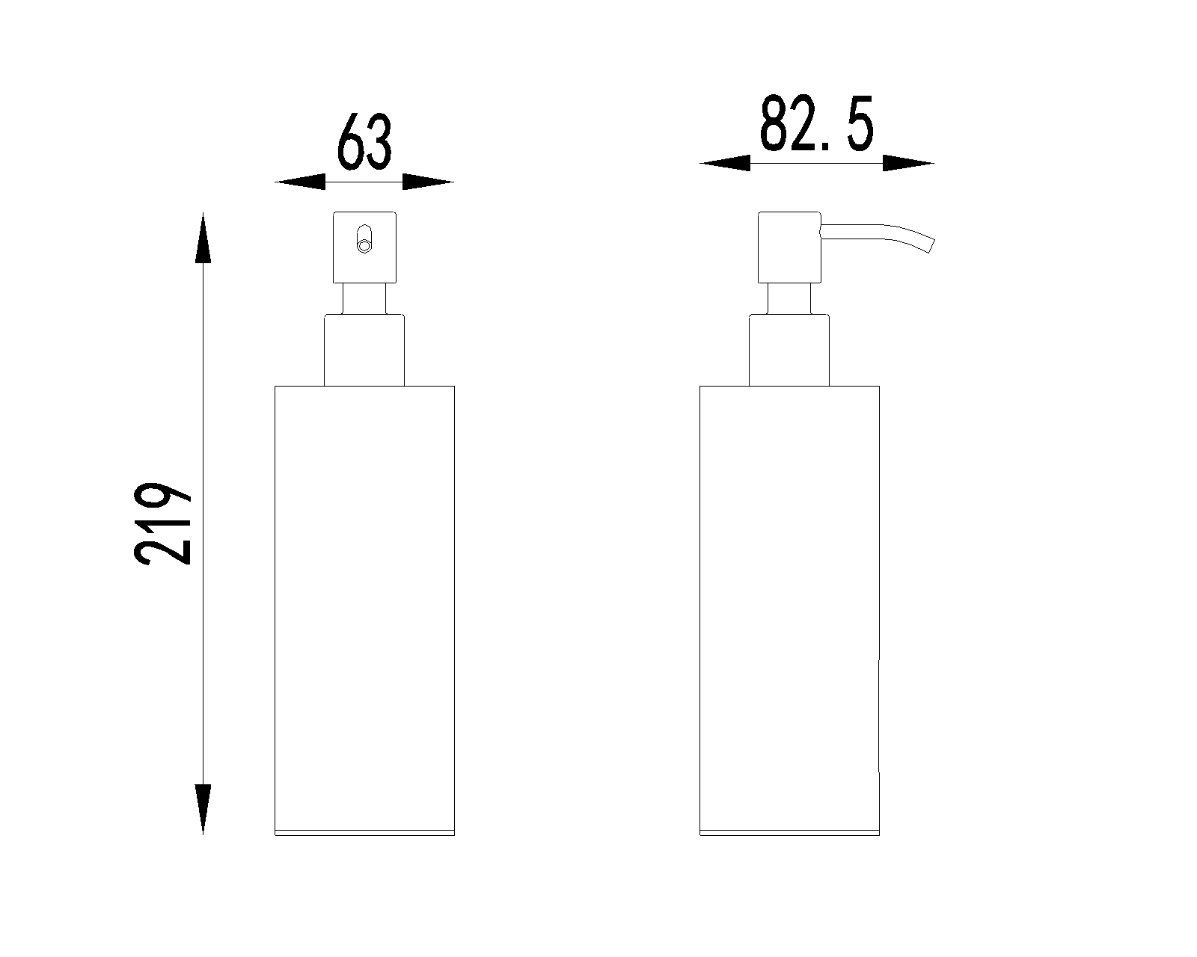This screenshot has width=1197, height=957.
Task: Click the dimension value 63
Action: (364, 142)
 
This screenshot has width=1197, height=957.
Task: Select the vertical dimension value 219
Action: (162, 524)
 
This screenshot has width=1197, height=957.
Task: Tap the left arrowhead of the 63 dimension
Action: (300, 182)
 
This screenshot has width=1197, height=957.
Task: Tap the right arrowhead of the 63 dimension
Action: (428, 182)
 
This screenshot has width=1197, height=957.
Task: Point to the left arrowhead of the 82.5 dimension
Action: (725, 164)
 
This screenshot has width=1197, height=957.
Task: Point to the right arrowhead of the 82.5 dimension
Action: (908, 164)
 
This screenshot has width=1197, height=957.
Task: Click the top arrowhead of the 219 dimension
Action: (203, 238)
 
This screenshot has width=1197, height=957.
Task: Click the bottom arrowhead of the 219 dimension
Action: (203, 810)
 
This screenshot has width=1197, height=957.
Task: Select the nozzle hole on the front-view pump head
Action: (364, 239)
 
